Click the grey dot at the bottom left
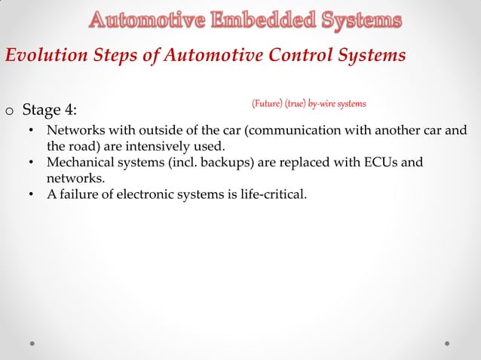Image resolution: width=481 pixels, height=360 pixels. coord(34,342)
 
